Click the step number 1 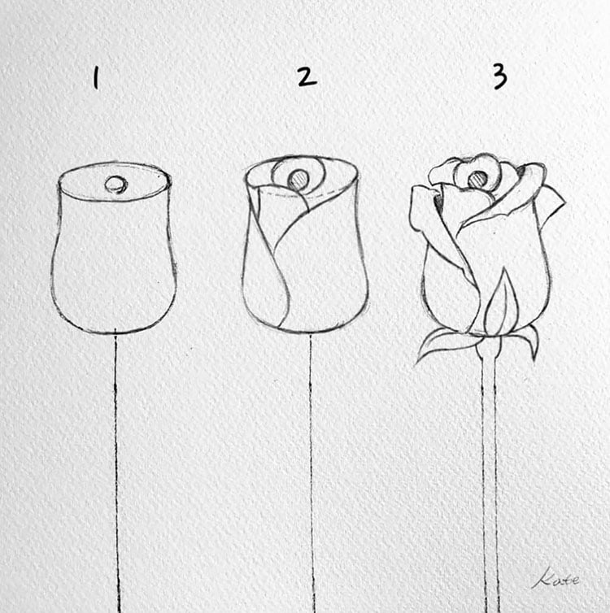point(96,78)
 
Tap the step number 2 point(305,76)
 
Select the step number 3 point(499,76)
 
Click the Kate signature point(556,579)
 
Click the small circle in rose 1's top point(116,185)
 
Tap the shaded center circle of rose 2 point(299,179)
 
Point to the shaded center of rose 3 point(478,178)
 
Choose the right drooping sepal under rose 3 point(529,337)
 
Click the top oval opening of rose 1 point(115,180)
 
